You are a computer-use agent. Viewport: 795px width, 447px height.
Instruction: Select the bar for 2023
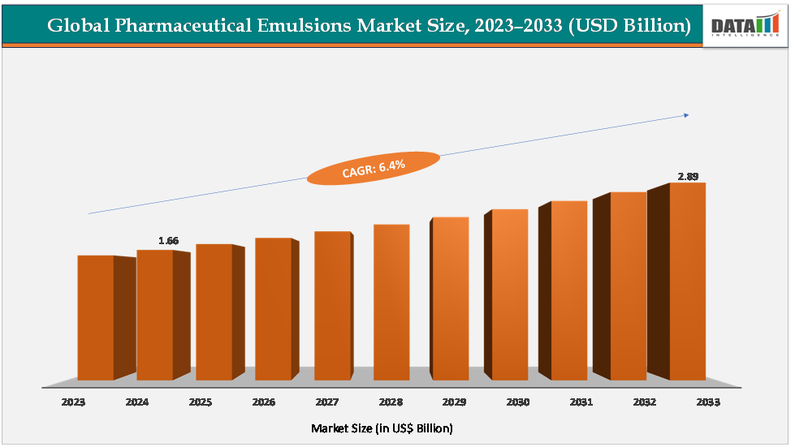(96, 317)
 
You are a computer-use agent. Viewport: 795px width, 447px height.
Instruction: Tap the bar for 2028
(391, 302)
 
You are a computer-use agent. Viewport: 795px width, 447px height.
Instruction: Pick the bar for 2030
(510, 294)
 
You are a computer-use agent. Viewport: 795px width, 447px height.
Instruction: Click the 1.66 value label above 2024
(169, 241)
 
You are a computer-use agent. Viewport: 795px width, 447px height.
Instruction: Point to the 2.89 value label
(688, 175)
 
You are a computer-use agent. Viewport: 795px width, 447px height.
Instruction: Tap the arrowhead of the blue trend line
(686, 115)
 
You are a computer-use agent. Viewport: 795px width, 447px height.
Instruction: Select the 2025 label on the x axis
(201, 402)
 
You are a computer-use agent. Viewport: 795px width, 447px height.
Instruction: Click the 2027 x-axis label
(327, 402)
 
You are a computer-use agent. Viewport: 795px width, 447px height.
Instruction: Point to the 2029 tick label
(454, 402)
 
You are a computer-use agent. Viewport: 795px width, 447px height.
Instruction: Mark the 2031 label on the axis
(581, 402)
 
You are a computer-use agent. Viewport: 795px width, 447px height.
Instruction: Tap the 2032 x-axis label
(643, 402)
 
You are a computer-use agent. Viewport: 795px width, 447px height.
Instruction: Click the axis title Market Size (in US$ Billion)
(382, 428)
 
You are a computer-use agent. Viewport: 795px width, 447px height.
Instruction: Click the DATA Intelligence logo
(745, 24)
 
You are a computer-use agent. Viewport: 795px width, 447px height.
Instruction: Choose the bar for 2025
(214, 312)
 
